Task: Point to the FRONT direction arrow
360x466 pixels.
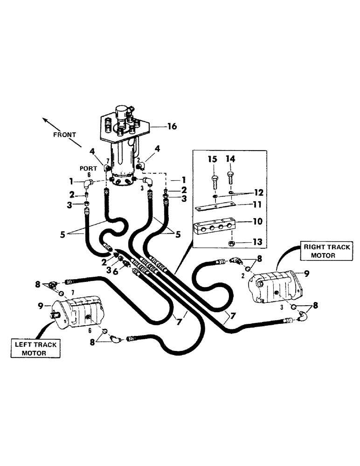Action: click(x=52, y=123)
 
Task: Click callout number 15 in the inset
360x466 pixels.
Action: click(x=213, y=159)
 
